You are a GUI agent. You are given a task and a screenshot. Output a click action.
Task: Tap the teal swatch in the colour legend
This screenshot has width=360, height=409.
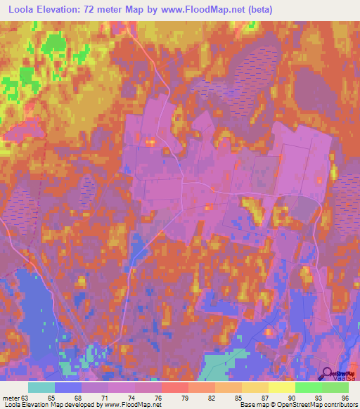(41, 387)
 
